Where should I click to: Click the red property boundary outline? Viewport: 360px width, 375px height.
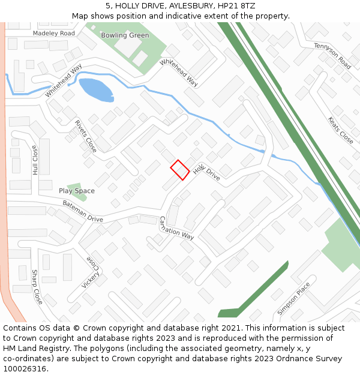pos(180,169)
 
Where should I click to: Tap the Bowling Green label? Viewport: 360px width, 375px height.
pos(125,35)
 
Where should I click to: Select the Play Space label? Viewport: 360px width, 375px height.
pos(76,191)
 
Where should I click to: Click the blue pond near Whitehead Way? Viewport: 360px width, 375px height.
pos(96,89)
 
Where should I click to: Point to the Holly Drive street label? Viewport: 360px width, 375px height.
pos(206,172)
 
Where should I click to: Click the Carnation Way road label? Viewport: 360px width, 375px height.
pos(177,228)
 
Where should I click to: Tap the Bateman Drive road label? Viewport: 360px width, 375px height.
pos(83,212)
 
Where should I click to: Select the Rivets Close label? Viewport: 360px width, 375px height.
pos(86,136)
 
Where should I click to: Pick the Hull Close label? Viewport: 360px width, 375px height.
pos(35,160)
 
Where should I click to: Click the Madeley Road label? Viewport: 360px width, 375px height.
pos(54,34)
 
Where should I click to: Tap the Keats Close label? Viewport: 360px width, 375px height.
pos(340,130)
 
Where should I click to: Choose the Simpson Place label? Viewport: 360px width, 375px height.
pos(294,298)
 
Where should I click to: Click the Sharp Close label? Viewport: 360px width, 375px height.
pos(37,287)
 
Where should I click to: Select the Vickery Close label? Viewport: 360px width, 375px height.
pos(91,272)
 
